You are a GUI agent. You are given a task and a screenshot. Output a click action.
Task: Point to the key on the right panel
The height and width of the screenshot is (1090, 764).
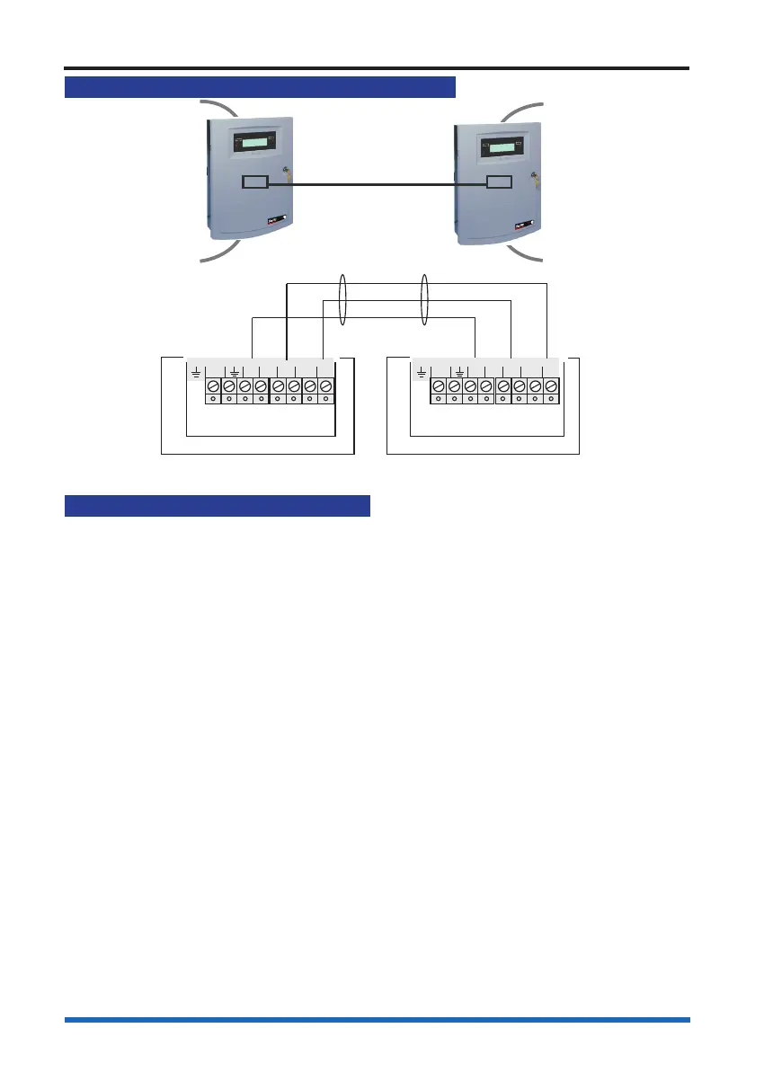[534, 177]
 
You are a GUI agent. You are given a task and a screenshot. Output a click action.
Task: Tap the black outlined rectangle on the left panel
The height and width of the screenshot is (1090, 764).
[254, 182]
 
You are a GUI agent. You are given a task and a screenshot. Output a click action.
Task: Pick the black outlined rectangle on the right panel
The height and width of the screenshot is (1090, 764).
[499, 183]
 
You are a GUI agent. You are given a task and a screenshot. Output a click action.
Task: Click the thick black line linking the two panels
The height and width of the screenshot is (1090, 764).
[377, 184]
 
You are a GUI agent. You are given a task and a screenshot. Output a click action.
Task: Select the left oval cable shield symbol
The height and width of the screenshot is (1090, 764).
[342, 301]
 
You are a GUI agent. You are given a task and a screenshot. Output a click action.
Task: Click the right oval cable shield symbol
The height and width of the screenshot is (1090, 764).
[423, 301]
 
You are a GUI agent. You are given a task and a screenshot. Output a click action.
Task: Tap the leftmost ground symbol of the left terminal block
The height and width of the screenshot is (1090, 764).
[196, 370]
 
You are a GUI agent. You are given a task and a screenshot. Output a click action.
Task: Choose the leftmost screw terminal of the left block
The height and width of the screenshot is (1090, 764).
[213, 386]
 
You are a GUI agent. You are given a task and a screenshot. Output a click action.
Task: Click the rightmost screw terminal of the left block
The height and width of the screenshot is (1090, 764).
[326, 386]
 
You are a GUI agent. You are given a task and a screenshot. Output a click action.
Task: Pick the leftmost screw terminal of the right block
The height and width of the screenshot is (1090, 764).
[438, 386]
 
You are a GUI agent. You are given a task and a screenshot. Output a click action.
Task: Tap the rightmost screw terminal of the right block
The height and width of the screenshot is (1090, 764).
[551, 386]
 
